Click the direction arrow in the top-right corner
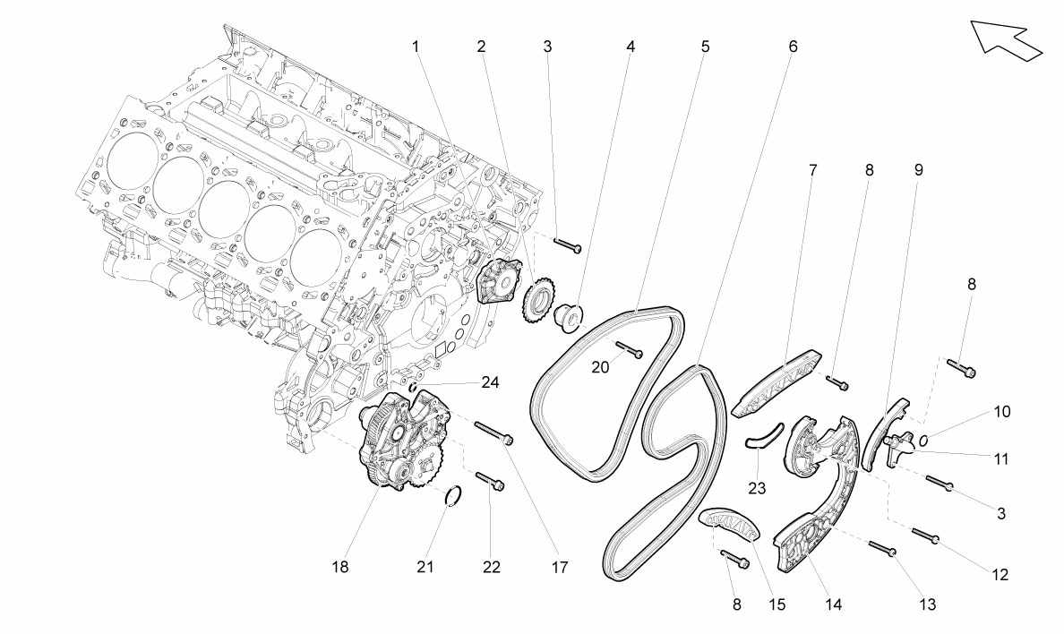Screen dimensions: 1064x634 click(1006, 40)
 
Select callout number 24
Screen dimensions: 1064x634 click(490, 383)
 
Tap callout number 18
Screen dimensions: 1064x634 click(340, 567)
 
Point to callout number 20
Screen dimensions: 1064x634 click(601, 367)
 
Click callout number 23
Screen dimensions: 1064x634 click(757, 487)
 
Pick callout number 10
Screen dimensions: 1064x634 click(1001, 411)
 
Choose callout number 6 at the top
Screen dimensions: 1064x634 click(793, 47)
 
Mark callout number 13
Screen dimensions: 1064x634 click(927, 604)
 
